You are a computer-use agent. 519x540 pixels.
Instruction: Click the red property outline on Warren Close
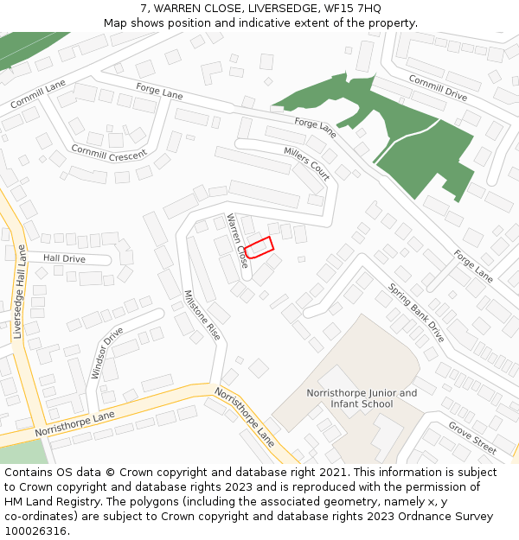tap(259, 247)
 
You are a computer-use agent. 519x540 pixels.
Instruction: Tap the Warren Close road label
tap(237, 241)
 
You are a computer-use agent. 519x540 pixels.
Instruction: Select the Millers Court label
tap(307, 162)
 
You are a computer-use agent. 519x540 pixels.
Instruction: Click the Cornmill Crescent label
tap(109, 153)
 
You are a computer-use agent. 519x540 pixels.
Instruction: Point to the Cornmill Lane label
tap(38, 94)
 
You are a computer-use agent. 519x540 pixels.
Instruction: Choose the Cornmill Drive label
tap(438, 88)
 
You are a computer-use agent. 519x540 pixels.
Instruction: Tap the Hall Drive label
tap(64, 258)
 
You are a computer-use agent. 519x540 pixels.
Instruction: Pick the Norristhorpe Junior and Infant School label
tap(362, 398)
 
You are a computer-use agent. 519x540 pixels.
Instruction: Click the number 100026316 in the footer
tap(36, 531)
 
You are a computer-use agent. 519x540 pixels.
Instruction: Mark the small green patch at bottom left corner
tap(22, 452)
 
